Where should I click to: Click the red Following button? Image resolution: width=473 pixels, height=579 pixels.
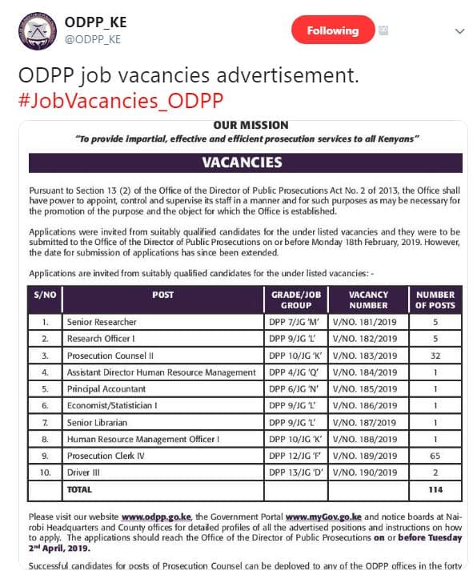pyautogui.click(x=332, y=30)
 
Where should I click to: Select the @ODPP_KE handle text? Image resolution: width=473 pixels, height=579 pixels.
pyautogui.click(x=93, y=39)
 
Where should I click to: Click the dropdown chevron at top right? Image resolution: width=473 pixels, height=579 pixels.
pyautogui.click(x=459, y=31)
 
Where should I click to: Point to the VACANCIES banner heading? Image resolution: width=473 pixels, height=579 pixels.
pyautogui.click(x=242, y=163)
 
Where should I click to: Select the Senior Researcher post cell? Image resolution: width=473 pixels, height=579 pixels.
pyautogui.click(x=102, y=322)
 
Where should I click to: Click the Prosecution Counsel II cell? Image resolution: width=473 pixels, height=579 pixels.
pyautogui.click(x=110, y=355)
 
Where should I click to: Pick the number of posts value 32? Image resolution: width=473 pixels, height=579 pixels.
pyautogui.click(x=435, y=355)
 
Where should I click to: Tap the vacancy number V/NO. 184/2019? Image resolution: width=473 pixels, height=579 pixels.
pyautogui.click(x=364, y=372)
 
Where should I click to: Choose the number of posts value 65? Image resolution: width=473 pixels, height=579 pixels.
pyautogui.click(x=435, y=455)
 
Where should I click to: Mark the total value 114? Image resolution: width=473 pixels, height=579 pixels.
pyautogui.click(x=435, y=489)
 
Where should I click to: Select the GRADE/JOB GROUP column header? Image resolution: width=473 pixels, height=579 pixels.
pyautogui.click(x=296, y=300)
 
